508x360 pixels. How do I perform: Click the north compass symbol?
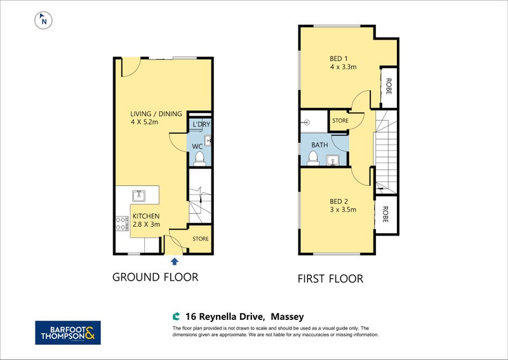[x=43, y=20]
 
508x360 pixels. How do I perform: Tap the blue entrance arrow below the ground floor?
[x=175, y=261]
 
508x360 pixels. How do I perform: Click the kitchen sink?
[x=138, y=196]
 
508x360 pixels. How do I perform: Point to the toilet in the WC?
[x=199, y=159]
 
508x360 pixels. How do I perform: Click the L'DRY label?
[x=201, y=124]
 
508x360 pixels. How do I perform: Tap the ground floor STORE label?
[x=201, y=239]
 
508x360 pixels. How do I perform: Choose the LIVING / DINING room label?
[x=156, y=114]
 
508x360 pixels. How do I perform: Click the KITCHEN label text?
[x=146, y=216]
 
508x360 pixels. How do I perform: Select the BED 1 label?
[x=338, y=58]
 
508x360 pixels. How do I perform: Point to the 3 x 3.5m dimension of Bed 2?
[x=343, y=210]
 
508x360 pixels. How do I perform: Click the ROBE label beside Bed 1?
[x=389, y=86]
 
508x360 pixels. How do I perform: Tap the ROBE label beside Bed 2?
[x=385, y=215]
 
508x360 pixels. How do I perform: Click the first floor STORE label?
[x=340, y=121]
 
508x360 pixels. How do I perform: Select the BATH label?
[x=319, y=145]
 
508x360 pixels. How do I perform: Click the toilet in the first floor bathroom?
[x=313, y=159]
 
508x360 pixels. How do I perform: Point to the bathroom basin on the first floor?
[x=333, y=160]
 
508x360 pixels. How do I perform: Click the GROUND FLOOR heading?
[x=155, y=277]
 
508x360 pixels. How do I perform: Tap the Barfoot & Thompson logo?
[x=68, y=333]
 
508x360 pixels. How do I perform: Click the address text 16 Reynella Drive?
[x=224, y=317]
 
